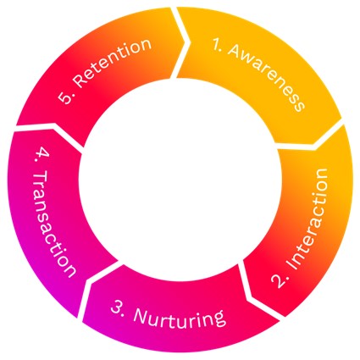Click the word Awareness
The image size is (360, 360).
coord(266,77)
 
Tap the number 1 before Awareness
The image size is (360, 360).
coord(217,45)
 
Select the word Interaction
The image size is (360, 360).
coord(307,219)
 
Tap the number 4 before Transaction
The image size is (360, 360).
coord(42,156)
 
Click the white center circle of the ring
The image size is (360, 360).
coord(180,180)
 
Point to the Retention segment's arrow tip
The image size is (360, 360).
coord(185,43)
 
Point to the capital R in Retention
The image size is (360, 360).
coord(80,80)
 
